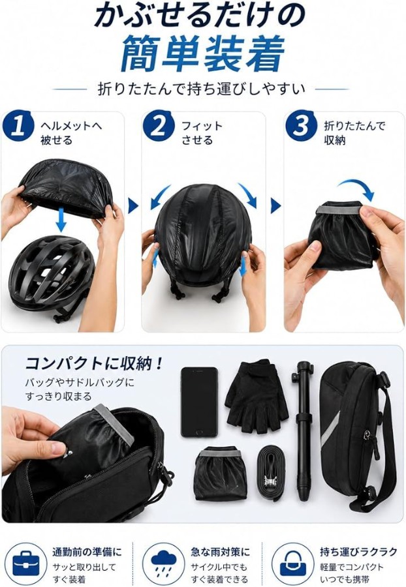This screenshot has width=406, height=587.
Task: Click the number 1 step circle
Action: pyautogui.click(x=18, y=126)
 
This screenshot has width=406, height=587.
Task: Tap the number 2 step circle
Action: pyautogui.click(x=159, y=126)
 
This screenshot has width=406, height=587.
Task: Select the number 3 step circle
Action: pyautogui.click(x=300, y=126)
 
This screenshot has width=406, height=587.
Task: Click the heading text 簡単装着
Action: pyautogui.click(x=202, y=53)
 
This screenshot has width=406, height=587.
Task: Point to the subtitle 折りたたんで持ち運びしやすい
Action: pyautogui.click(x=202, y=89)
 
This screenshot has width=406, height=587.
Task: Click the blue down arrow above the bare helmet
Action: pyautogui.click(x=61, y=220)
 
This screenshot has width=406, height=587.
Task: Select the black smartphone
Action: pyautogui.click(x=199, y=402)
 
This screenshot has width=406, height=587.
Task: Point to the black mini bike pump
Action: pyautogui.click(x=304, y=430)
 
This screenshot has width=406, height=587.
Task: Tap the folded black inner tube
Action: pyautogui.click(x=273, y=473)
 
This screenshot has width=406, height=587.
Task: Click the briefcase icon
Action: pyautogui.click(x=26, y=565)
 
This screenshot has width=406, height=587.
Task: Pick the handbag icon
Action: pyautogui.click(x=293, y=565)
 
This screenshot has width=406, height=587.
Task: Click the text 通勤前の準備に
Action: pyautogui.click(x=87, y=552)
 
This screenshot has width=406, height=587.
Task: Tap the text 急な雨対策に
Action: pyautogui.click(x=220, y=552)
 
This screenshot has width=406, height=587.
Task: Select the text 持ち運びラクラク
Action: pyautogui.click(x=358, y=552)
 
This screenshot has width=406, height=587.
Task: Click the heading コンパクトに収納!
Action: pyautogui.click(x=94, y=363)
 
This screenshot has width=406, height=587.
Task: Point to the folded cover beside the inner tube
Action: pyautogui.click(x=221, y=474)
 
